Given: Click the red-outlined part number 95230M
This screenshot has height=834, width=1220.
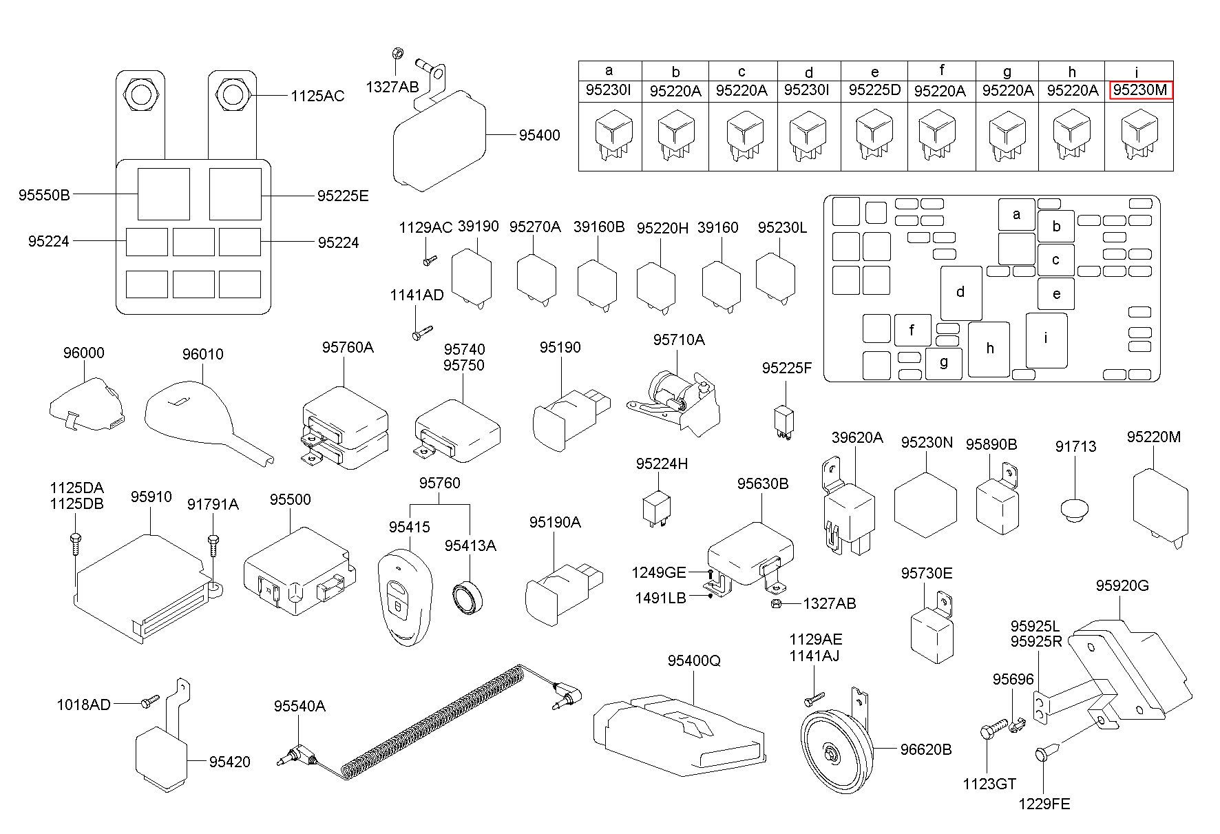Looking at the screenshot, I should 1139,90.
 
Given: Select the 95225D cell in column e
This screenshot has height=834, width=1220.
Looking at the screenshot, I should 874,90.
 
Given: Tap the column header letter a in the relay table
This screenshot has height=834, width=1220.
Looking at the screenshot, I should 609,70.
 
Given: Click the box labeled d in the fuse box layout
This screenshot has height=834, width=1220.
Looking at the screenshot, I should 960,292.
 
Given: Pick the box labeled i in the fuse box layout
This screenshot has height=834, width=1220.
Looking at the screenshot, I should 1046,339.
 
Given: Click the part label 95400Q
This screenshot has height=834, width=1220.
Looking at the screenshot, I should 693,661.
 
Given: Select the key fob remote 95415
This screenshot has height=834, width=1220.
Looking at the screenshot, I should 403,601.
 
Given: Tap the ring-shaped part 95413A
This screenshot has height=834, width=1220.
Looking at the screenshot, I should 469,597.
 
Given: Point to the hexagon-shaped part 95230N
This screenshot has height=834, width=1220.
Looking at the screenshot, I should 925,505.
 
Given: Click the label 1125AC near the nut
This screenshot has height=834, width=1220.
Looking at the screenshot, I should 317,96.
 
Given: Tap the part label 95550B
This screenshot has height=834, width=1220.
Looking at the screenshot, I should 44,196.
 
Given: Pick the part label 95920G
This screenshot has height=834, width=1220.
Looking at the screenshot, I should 1122,586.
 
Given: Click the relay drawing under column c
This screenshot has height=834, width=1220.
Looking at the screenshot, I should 745,134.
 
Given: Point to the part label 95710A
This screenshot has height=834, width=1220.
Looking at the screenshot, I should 678,340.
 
